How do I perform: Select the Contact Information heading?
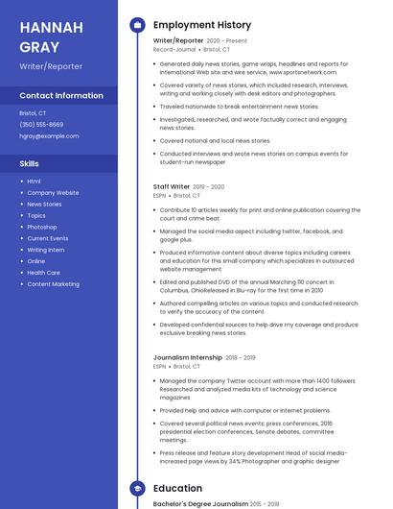[61, 96]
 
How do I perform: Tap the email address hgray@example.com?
[49, 136]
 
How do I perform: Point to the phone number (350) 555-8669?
[41, 125]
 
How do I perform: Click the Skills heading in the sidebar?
[29, 164]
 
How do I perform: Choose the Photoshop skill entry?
[42, 227]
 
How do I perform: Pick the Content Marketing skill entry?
[53, 284]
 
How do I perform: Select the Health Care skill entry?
[44, 273]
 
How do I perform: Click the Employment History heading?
[202, 25]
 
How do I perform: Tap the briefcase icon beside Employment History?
[137, 25]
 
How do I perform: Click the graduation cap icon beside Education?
[137, 488]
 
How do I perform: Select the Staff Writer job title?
[172, 186]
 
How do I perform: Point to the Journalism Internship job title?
[188, 357]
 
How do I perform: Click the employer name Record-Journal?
[174, 49]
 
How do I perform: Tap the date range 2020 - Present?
[226, 41]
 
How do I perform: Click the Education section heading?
[177, 488]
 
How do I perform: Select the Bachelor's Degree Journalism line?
[201, 503]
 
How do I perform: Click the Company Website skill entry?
[53, 192]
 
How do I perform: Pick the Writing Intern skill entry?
[46, 250]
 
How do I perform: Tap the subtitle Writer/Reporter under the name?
[51, 66]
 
